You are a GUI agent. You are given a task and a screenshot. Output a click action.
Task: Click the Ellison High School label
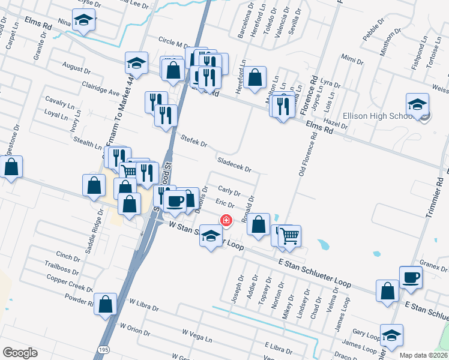pyautogui.click(x=376, y=116)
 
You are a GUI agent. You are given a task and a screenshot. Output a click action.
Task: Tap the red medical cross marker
pyautogui.click(x=226, y=220)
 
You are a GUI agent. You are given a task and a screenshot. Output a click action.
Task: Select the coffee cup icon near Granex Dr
pyautogui.click(x=411, y=277)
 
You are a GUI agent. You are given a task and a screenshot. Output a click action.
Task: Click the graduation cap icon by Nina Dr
pyautogui.click(x=85, y=22)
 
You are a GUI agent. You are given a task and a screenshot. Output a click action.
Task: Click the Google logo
pyautogui.click(x=20, y=353)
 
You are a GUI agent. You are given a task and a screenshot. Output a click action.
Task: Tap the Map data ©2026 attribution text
pyautogui.click(x=423, y=355)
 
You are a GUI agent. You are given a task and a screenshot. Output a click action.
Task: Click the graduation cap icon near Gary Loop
pyautogui.click(x=391, y=337)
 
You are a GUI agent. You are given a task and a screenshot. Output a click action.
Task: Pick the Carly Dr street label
pyautogui.click(x=229, y=191)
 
